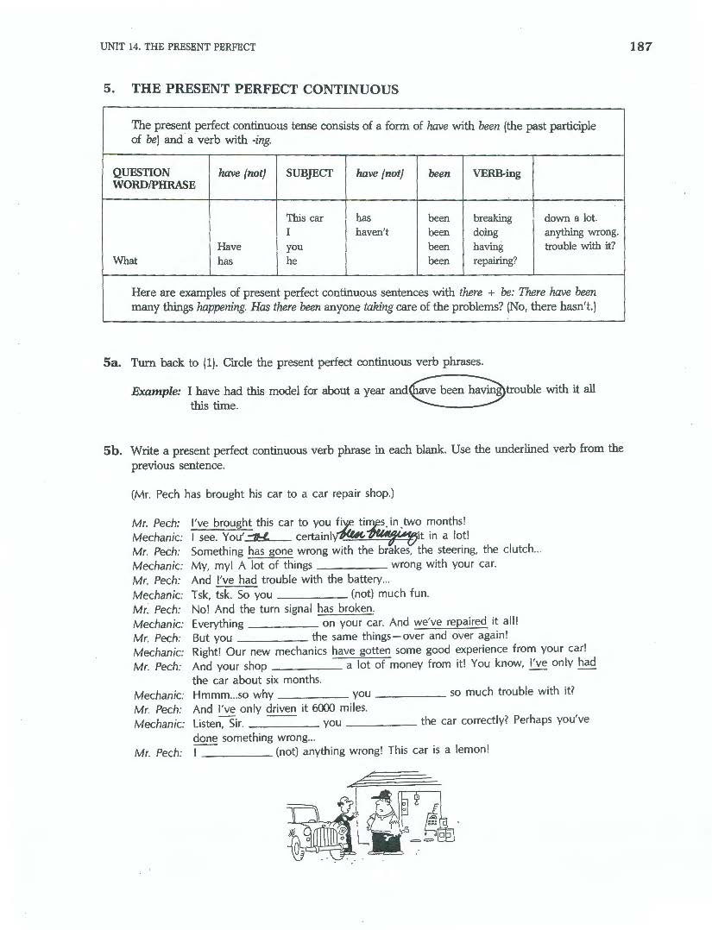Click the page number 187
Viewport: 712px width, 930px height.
(640, 46)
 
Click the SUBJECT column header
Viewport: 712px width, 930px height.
(309, 173)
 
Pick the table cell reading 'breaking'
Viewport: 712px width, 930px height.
(492, 218)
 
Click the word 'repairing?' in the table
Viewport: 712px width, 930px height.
(495, 261)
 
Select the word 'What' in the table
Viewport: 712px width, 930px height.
(125, 261)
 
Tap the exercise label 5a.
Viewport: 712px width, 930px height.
(113, 362)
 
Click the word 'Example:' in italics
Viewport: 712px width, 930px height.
(156, 390)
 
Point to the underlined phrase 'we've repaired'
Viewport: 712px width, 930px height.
(450, 622)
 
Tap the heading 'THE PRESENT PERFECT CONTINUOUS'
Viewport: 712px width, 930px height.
(265, 89)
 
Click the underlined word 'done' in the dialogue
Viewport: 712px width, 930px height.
(205, 738)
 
